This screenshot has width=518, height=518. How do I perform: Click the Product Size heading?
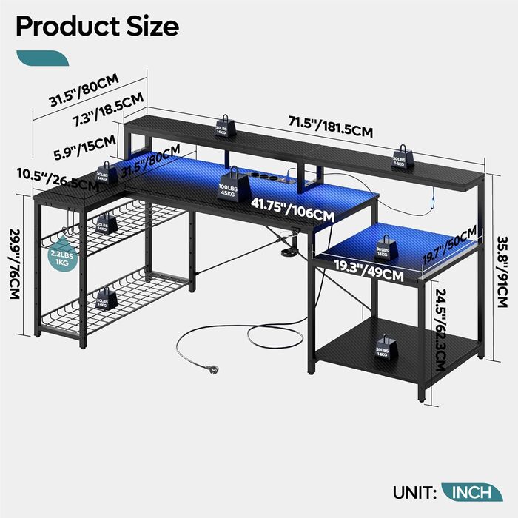[97, 26]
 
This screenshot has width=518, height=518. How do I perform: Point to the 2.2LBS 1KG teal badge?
[60, 258]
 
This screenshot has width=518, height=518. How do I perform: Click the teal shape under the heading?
[42, 58]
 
